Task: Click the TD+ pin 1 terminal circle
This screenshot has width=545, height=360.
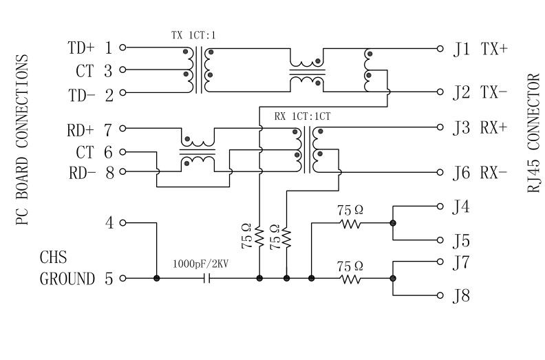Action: tap(122, 48)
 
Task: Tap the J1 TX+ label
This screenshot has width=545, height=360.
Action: tap(480, 49)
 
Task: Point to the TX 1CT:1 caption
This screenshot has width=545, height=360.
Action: tap(193, 34)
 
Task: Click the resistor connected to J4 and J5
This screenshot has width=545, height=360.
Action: tap(350, 223)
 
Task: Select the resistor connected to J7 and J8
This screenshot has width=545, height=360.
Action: tap(350, 279)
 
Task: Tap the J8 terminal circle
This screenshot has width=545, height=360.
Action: tap(440, 296)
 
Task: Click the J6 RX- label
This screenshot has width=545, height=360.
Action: tap(480, 173)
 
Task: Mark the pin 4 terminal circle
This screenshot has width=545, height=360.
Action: tap(122, 223)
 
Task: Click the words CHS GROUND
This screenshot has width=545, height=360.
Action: tap(67, 269)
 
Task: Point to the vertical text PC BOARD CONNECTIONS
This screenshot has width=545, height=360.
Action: tap(22, 141)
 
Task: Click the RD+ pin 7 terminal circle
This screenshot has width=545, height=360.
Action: tap(122, 129)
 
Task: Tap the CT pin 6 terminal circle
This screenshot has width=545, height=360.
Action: tap(122, 151)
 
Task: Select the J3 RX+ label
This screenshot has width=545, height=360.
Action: tap(480, 128)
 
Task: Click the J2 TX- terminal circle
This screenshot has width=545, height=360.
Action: tap(440, 92)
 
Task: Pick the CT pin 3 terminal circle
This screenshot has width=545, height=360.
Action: tap(122, 70)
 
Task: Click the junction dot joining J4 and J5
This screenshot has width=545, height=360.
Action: tap(393, 223)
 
